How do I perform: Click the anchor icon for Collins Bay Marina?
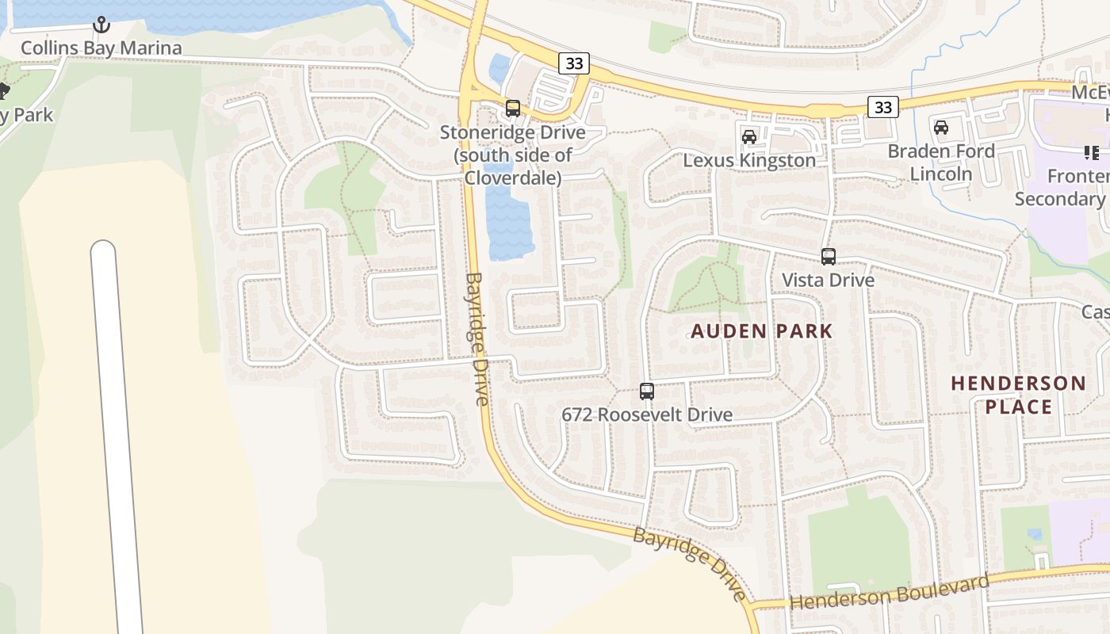[x=101, y=25]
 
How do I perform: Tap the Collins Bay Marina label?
[x=101, y=48]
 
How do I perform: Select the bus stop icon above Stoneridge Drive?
[x=513, y=109]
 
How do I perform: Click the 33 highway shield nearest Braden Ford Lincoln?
[x=882, y=107]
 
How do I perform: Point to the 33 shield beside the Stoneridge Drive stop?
[x=573, y=63]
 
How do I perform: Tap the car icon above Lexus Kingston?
[x=748, y=137]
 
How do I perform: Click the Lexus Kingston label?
[x=749, y=160]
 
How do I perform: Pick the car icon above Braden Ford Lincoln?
[x=941, y=128]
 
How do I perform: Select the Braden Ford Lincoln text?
[x=941, y=162]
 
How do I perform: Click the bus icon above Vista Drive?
[x=829, y=257]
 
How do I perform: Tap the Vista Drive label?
[x=829, y=280]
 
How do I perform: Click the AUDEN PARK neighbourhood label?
[x=762, y=331]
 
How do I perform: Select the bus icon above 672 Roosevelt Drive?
[x=647, y=391]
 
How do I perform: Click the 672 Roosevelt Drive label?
[x=647, y=414]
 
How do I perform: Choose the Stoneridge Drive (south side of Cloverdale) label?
[x=513, y=155]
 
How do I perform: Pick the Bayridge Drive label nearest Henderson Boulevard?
[x=691, y=563]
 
